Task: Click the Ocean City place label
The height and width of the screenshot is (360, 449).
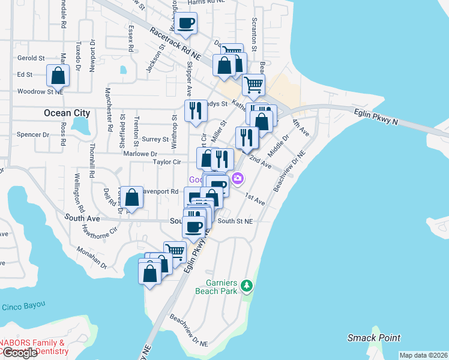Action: click(x=67, y=113)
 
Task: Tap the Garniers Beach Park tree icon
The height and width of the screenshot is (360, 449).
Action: click(x=246, y=286)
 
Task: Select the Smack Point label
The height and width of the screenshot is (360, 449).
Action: click(x=374, y=338)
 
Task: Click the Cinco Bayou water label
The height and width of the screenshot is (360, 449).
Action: click(x=23, y=306)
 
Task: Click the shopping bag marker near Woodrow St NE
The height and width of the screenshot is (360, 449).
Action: click(x=58, y=76)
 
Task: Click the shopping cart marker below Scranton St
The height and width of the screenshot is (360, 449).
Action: click(x=253, y=85)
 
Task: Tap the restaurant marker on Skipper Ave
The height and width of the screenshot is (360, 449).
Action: click(x=195, y=110)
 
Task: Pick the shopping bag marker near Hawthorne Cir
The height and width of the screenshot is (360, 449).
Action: click(x=131, y=197)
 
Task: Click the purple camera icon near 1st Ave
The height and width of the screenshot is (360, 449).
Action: click(x=238, y=178)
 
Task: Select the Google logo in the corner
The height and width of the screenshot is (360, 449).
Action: click(x=19, y=353)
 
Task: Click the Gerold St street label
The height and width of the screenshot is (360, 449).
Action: click(x=31, y=58)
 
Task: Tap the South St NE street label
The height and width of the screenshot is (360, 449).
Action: click(x=235, y=221)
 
